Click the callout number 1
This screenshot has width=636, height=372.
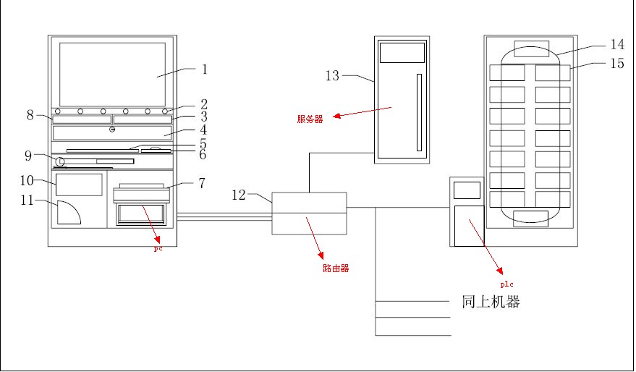(x=205, y=69)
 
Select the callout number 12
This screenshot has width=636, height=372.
(x=239, y=194)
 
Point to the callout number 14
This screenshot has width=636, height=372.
(x=617, y=45)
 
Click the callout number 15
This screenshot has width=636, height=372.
(x=617, y=64)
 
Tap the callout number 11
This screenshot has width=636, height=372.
(x=27, y=200)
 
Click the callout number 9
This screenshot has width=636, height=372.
(x=27, y=154)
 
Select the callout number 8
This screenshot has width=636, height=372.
(x=30, y=114)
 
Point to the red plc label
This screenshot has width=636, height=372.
(x=507, y=284)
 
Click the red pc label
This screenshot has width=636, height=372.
(x=158, y=248)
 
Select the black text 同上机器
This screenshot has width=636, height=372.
(x=491, y=302)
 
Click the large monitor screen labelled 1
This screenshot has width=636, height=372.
(x=112, y=75)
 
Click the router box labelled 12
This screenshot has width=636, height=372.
(x=309, y=213)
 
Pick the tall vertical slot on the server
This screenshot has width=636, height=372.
(x=418, y=111)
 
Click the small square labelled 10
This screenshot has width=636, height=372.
(x=79, y=185)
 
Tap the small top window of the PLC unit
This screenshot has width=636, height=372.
(x=467, y=190)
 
